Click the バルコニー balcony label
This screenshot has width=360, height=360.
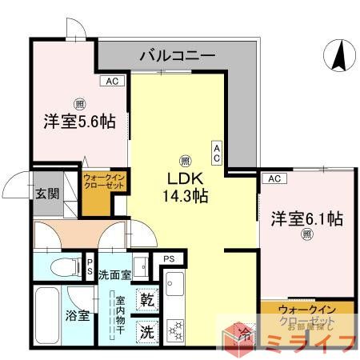tap(178, 56)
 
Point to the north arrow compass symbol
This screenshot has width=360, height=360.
tap(339, 57)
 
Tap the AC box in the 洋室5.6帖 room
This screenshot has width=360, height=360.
tap(111, 81)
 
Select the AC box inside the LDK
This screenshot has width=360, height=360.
tap(217, 152)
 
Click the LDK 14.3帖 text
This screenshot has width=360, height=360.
tap(187, 185)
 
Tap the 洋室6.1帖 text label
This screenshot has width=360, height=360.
tap(306, 218)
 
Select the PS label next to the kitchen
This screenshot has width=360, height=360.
tap(169, 259)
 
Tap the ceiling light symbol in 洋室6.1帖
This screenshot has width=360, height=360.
tap(306, 235)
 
